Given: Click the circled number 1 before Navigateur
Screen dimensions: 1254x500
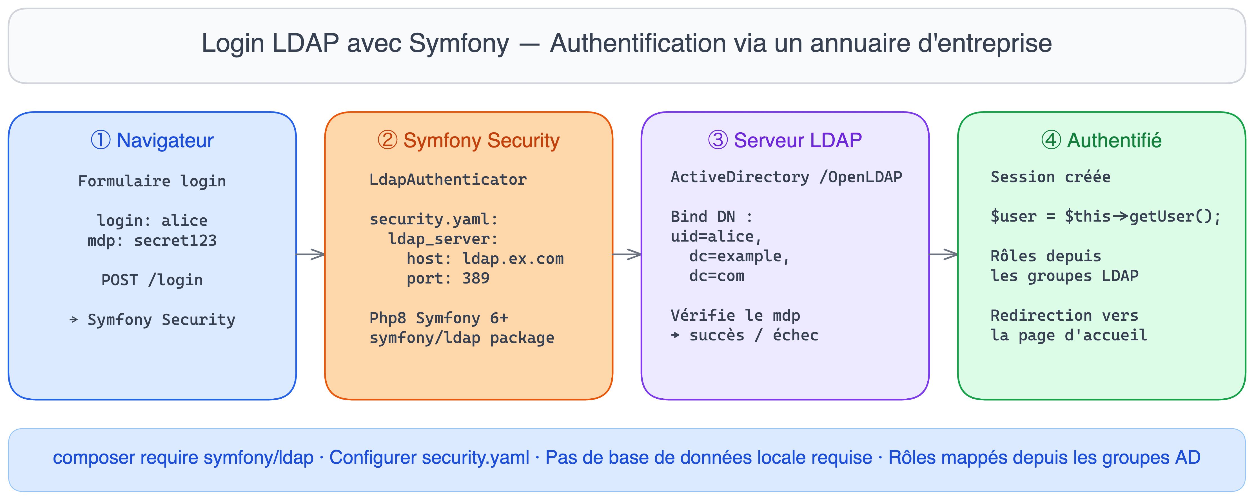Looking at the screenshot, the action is click(101, 140).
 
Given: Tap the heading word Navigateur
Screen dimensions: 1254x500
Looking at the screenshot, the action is click(165, 140).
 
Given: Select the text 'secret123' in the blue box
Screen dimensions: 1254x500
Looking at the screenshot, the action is click(175, 240).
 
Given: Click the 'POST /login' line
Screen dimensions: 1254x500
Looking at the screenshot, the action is click(152, 280).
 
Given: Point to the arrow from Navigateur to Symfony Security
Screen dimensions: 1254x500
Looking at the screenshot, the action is click(311, 254).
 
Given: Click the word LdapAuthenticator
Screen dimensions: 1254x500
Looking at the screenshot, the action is click(448, 180).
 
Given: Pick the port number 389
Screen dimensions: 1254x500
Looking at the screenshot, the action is click(476, 278).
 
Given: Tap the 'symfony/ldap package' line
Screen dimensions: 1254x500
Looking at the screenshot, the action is click(462, 338).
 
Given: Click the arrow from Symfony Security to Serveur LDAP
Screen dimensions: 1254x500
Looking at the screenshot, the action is click(627, 254).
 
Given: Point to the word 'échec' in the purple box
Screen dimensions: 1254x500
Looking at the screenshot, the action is click(796, 335).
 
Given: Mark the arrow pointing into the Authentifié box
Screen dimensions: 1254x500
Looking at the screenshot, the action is click(943, 254).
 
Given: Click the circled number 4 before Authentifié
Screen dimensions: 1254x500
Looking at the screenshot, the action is click(1051, 140).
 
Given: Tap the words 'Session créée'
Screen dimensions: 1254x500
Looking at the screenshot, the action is click(1050, 177).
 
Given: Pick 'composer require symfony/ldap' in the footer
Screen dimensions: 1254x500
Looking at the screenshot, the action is click(183, 458).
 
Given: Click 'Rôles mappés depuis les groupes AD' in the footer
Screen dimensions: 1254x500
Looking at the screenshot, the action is click(1044, 458).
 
